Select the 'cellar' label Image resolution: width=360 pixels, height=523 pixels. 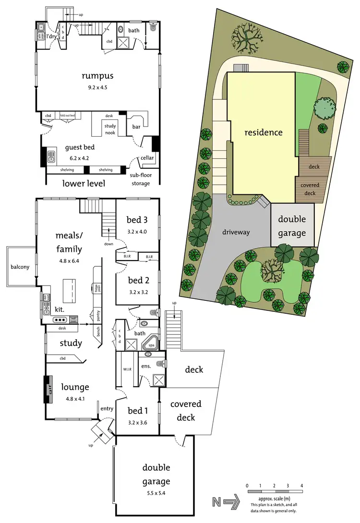147,158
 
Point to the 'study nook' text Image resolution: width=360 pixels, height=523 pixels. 110,129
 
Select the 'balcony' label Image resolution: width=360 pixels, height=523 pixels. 21,268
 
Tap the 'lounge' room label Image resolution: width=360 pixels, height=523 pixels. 75,387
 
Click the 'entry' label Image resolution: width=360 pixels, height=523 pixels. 107,408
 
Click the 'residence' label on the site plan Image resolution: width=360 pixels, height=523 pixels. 263,132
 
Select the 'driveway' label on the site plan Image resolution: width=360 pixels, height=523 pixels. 237,232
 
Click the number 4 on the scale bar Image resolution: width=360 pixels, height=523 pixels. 302,486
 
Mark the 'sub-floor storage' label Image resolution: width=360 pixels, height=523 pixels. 141,179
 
